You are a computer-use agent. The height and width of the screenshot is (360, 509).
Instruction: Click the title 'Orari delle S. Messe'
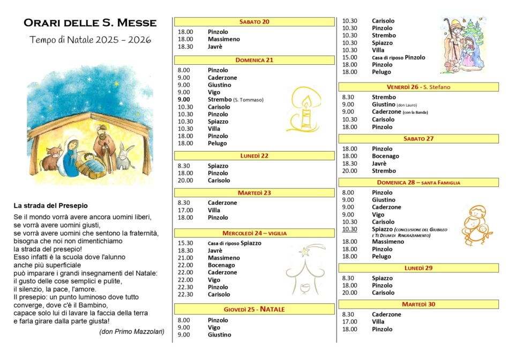(90, 23)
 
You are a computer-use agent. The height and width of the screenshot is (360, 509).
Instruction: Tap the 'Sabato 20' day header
(254, 22)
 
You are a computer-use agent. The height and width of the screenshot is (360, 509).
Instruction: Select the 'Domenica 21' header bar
(254, 60)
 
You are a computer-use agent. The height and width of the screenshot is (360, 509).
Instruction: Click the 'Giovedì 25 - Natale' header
(254, 309)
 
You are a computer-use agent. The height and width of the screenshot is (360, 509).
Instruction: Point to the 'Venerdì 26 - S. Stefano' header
(418, 87)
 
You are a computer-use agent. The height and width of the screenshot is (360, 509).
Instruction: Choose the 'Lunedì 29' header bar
(418, 268)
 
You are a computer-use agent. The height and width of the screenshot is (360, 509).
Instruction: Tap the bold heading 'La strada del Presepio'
(51, 205)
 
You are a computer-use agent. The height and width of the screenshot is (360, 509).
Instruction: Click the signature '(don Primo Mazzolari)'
(132, 332)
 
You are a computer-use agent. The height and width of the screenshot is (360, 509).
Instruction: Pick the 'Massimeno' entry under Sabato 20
(223, 39)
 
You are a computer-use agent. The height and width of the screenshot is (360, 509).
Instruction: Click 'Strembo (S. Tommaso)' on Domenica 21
(235, 100)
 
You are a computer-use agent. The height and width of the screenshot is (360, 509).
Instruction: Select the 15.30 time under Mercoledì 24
(185, 243)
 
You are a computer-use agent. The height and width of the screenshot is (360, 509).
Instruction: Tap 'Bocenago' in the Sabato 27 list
(385, 156)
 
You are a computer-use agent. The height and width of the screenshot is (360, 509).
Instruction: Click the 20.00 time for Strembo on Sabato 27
(349, 171)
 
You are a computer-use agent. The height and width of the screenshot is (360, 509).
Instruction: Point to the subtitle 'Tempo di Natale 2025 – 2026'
(90, 40)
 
